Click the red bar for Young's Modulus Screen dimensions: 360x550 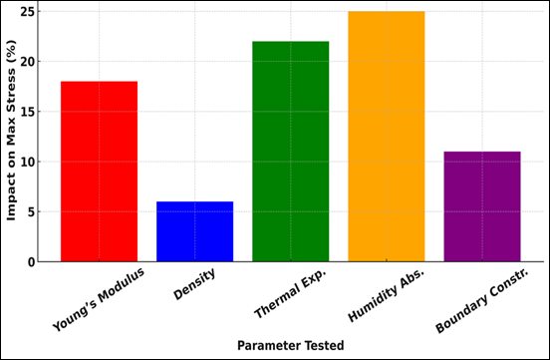(99, 172)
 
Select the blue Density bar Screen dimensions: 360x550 (194, 231)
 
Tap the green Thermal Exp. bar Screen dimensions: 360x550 (290, 152)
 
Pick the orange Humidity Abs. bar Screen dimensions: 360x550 (386, 137)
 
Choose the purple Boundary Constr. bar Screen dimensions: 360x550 (481, 206)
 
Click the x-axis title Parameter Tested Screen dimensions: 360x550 (290, 345)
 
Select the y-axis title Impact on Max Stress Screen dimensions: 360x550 (12, 137)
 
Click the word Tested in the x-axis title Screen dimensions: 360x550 (323, 345)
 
